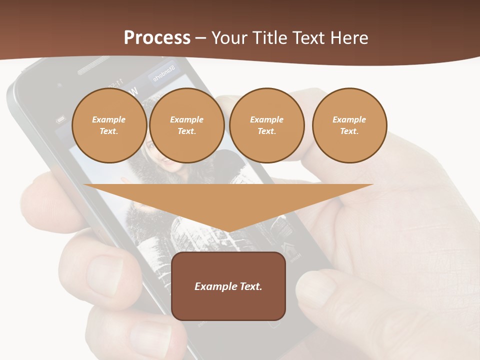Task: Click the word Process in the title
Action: (157, 38)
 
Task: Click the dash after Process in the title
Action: (201, 38)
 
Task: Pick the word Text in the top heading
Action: (309, 38)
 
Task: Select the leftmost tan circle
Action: (109, 125)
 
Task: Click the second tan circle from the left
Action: (187, 125)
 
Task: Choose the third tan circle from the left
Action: (267, 125)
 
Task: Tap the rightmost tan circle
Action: (349, 125)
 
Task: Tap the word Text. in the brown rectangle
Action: (250, 286)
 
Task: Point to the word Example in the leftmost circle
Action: (109, 119)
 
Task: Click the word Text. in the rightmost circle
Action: (349, 131)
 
